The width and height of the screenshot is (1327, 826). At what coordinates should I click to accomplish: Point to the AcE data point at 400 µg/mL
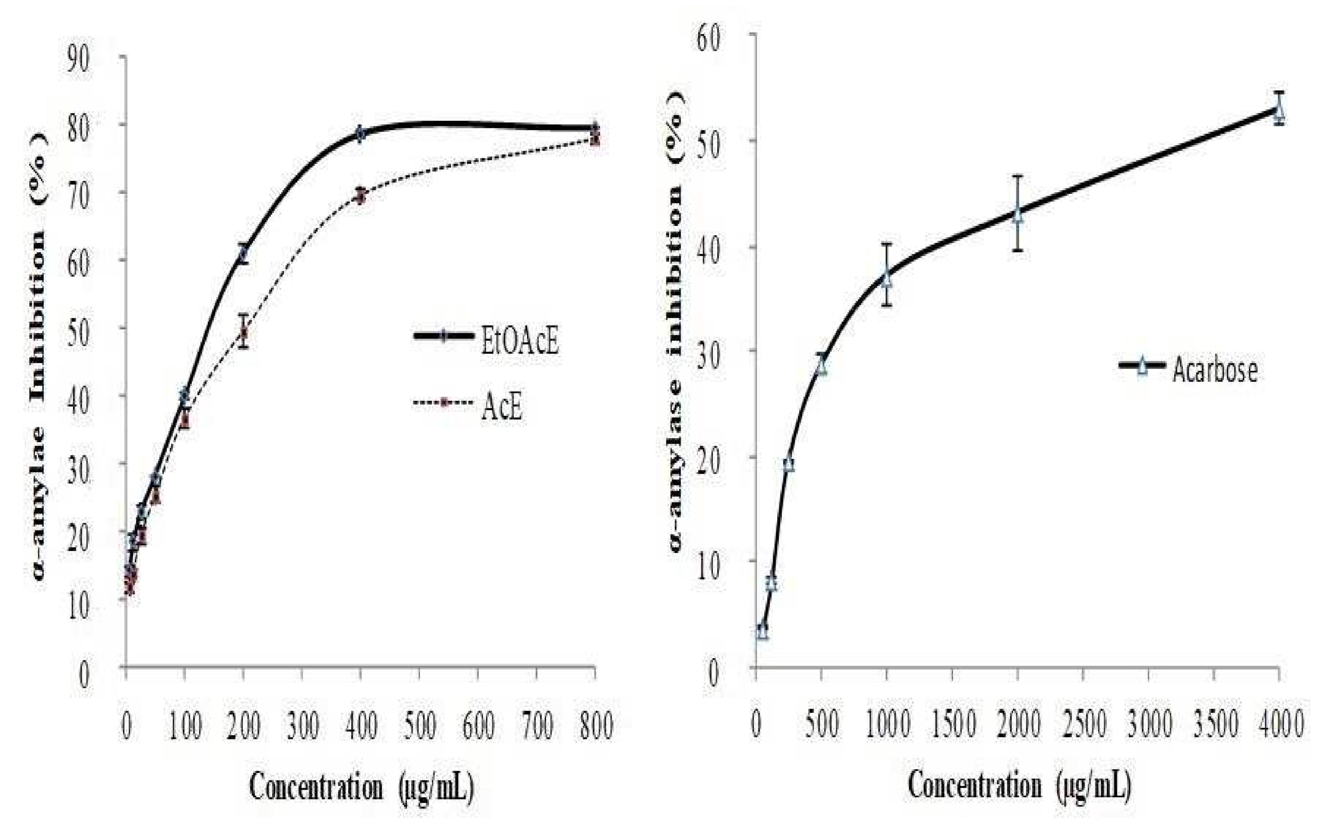coord(360,196)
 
